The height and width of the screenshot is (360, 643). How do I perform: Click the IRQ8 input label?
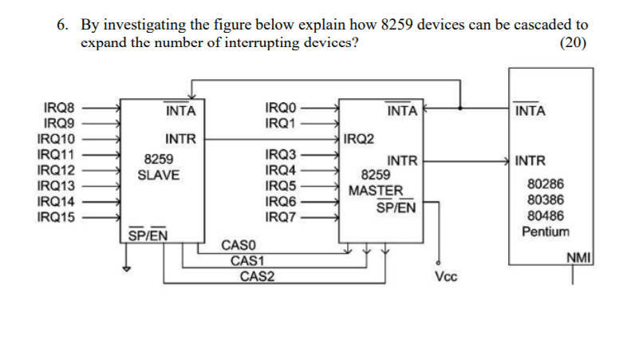click(x=59, y=108)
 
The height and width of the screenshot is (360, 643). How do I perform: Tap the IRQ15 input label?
click(x=56, y=217)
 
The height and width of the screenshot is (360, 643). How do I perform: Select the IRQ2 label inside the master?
click(x=359, y=139)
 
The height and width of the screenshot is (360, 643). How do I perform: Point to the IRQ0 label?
click(x=281, y=108)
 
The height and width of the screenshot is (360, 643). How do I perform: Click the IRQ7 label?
click(x=281, y=217)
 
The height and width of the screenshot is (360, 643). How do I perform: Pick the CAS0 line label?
click(x=239, y=245)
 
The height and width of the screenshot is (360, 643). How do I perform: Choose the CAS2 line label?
click(x=257, y=276)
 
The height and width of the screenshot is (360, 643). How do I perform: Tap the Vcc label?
click(x=446, y=277)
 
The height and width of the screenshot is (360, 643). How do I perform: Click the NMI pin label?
click(x=578, y=258)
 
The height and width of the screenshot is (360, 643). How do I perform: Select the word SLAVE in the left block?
click(x=159, y=176)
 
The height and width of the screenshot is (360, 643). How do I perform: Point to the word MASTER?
click(x=376, y=191)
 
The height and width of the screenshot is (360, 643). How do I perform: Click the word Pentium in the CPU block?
click(x=546, y=231)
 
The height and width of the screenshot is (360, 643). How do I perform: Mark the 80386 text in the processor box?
click(x=546, y=200)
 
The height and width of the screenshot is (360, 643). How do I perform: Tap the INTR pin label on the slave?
click(x=181, y=139)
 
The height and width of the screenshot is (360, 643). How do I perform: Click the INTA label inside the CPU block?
click(x=531, y=110)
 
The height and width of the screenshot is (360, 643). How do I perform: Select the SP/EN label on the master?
click(x=396, y=207)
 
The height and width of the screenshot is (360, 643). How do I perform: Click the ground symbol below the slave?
click(x=127, y=269)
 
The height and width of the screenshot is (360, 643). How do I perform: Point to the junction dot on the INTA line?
click(x=460, y=109)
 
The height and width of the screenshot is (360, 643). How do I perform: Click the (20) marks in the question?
click(x=574, y=42)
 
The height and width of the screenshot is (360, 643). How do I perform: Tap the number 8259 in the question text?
click(x=396, y=25)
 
